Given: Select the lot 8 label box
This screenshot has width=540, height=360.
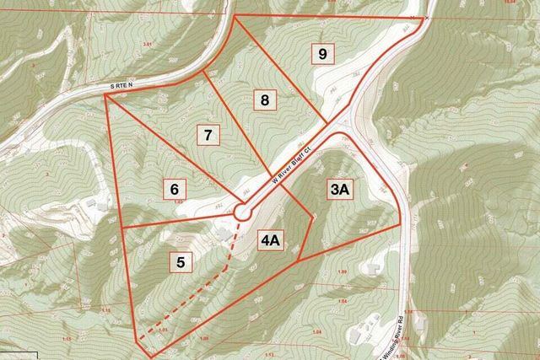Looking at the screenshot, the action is coord(265,100).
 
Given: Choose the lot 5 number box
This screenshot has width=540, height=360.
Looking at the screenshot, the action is coord(181,262).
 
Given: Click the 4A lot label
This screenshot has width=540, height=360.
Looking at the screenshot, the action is coord(270,241).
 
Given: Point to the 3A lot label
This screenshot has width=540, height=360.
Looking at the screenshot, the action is coord(339,190).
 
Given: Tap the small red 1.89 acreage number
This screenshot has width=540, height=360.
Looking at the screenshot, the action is coord(342,271).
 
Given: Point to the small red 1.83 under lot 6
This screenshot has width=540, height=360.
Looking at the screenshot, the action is coord(179,202).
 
